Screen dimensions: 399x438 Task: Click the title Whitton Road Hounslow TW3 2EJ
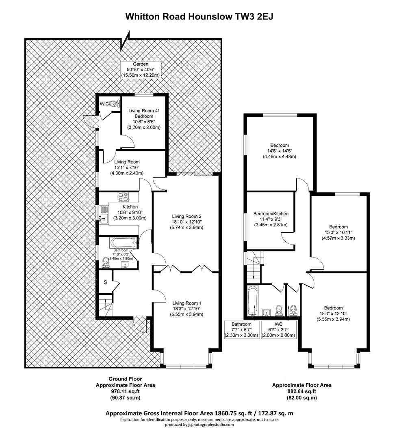click(x=199, y=17)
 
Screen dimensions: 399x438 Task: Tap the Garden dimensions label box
click(x=141, y=70)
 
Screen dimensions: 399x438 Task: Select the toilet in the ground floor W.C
click(x=114, y=104)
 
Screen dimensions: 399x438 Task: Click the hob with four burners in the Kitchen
click(x=124, y=197)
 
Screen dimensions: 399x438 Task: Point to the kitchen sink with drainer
click(x=104, y=215)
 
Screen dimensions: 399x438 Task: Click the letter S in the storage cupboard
click(x=105, y=282)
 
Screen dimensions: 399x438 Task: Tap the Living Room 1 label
click(x=186, y=308)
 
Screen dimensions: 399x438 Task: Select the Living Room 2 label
click(x=186, y=222)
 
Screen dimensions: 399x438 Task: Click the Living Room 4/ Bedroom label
click(x=144, y=119)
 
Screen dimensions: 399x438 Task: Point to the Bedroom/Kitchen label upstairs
click(x=271, y=219)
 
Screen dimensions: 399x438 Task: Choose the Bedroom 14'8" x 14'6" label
click(x=280, y=151)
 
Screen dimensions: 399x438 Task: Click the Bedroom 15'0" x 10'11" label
click(x=338, y=232)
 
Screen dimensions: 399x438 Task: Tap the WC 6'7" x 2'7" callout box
click(x=278, y=330)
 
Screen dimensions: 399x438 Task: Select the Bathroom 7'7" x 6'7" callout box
click(x=241, y=330)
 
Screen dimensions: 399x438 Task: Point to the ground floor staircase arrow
click(x=105, y=303)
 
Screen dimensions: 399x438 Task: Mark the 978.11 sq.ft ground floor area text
click(x=126, y=391)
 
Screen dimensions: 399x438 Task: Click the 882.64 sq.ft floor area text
click(x=301, y=391)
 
